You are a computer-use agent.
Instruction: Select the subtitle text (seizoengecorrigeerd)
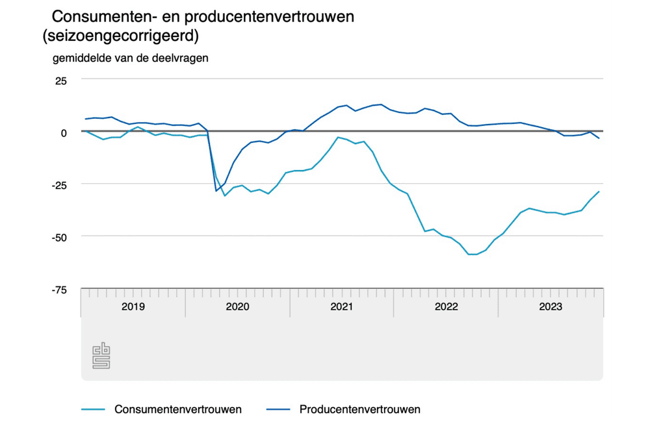120,36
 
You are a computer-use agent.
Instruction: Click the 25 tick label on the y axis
60,81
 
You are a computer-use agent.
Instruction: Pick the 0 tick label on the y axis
64,132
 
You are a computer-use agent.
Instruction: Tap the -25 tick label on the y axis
58,185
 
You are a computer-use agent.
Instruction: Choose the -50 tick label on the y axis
58,237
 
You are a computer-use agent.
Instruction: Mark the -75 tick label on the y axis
58,290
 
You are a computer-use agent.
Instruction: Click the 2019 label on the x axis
133,306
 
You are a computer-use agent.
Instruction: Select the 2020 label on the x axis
238,306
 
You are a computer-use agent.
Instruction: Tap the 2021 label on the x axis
342,306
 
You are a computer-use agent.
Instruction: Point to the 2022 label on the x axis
447,306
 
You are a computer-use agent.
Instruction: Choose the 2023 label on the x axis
551,306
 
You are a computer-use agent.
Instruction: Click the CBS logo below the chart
101,356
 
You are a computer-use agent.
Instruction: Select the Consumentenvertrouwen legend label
178,409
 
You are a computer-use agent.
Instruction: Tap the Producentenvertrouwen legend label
359,409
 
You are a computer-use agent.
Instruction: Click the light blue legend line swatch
92,410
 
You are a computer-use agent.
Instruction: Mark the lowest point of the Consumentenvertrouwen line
473,254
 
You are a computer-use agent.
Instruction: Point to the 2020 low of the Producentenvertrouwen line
216,191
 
